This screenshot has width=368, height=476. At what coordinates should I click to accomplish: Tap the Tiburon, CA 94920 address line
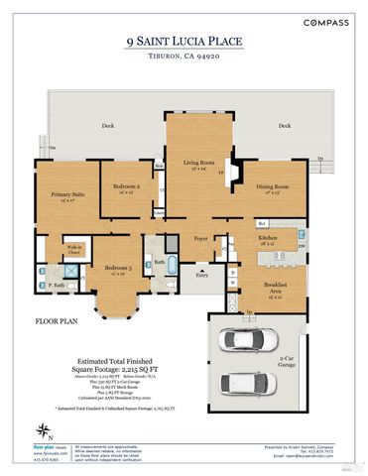pyautogui.click(x=184, y=57)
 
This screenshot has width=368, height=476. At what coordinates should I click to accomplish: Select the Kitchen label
pyautogui.click(x=269, y=238)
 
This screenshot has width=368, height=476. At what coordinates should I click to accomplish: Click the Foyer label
pyautogui.click(x=201, y=239)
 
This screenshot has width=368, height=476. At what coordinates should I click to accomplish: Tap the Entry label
pyautogui.click(x=202, y=275)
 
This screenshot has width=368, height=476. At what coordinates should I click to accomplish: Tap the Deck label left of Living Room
pyautogui.click(x=108, y=126)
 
